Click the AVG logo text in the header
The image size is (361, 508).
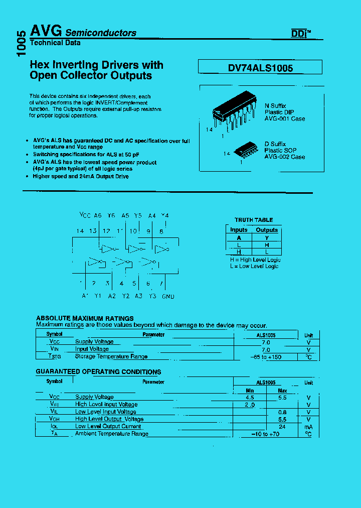[46, 31]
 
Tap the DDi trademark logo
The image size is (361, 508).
[301, 34]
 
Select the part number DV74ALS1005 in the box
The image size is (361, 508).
[260, 68]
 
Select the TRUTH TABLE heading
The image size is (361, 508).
[254, 220]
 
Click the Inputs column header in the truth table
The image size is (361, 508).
[239, 230]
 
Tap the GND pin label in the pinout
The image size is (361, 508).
[168, 296]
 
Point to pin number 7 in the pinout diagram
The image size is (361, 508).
[161, 284]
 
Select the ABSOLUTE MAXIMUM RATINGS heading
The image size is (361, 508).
[85, 318]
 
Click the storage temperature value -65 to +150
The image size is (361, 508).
[265, 356]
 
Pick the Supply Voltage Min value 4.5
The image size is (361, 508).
[249, 397]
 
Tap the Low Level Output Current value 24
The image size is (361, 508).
[282, 426]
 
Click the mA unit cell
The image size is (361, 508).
[308, 426]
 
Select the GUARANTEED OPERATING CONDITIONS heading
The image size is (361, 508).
[98, 372]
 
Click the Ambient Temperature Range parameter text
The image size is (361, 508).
[111, 434]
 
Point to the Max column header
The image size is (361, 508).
[282, 390]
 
